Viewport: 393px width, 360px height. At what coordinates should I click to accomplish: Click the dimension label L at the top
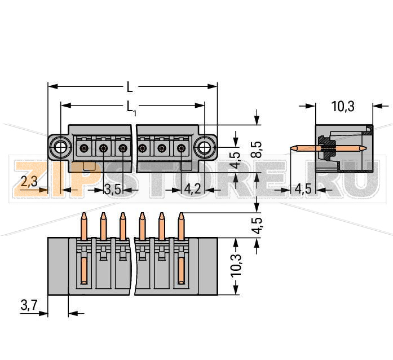click(x=130, y=87)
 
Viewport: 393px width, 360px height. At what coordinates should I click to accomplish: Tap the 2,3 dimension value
click(x=29, y=182)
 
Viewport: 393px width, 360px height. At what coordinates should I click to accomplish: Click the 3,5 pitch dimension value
click(x=113, y=190)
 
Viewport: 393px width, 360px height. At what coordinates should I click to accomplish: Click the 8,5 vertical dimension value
click(x=256, y=148)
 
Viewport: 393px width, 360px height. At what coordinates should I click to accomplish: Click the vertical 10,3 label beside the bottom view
click(x=236, y=266)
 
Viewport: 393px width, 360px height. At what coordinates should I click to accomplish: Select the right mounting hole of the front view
click(x=204, y=148)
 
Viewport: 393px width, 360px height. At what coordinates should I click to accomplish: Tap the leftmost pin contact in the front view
click(x=84, y=148)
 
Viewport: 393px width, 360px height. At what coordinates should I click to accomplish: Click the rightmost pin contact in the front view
click(x=181, y=148)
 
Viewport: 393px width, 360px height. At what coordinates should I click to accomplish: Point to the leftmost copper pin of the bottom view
click(x=84, y=226)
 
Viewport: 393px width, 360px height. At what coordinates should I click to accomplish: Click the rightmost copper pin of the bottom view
click(x=181, y=226)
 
